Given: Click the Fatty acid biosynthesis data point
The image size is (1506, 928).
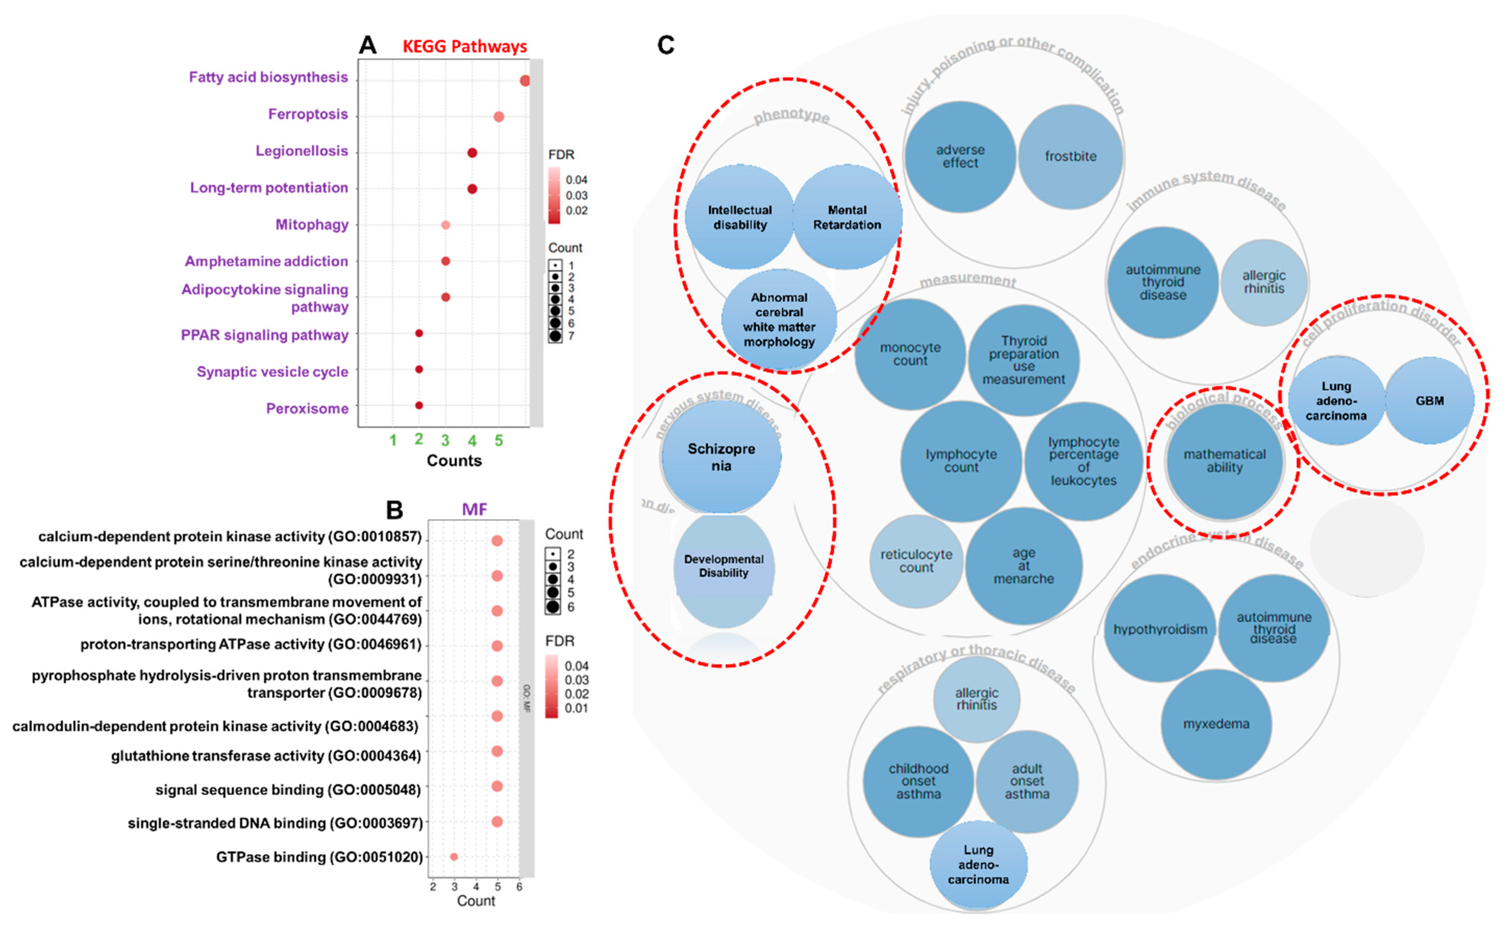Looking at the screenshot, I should point(525,81).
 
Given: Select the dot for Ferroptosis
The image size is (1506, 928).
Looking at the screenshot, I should point(499,116).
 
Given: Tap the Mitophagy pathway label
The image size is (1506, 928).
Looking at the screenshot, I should point(312,225).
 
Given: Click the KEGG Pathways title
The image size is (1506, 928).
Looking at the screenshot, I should point(464,47).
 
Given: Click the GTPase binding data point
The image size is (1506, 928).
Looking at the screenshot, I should point(454,856).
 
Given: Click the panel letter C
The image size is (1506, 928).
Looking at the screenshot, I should point(666,45).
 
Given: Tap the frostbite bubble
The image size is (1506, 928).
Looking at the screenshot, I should point(1070,157).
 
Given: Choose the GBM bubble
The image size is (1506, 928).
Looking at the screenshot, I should point(1429,401).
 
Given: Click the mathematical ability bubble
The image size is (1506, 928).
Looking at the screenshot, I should point(1224,461).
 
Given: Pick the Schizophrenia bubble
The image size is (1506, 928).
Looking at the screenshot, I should point(722,457).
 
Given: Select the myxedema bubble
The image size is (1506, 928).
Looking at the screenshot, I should point(1216,724).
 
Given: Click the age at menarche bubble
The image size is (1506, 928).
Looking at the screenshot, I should point(1023,566).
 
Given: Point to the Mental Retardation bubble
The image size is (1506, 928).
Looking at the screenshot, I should point(847,217).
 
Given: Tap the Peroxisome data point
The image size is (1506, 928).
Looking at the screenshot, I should point(419,405).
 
